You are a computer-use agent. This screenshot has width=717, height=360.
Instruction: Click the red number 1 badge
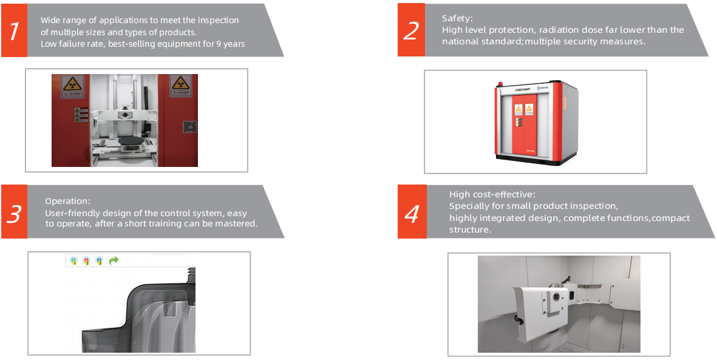point(14,30)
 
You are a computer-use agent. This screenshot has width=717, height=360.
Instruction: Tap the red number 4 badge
point(412,212)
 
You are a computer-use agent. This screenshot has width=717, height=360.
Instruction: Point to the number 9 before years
point(219,44)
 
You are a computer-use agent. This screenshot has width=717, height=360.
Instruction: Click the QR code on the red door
point(190,127)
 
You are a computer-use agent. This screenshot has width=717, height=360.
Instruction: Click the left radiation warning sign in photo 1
point(73,86)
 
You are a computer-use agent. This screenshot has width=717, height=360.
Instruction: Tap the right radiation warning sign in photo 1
point(181,86)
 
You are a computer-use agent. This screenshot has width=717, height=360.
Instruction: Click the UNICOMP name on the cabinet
point(522,90)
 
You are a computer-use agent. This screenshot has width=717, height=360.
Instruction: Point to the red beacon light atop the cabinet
point(501,84)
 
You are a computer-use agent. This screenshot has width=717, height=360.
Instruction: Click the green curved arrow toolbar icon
point(114,260)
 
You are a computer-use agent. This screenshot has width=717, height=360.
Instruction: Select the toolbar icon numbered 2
point(86,260)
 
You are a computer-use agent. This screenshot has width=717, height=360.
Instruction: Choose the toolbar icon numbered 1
point(73,260)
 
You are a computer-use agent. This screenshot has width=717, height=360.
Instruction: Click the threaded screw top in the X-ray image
point(192,275)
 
